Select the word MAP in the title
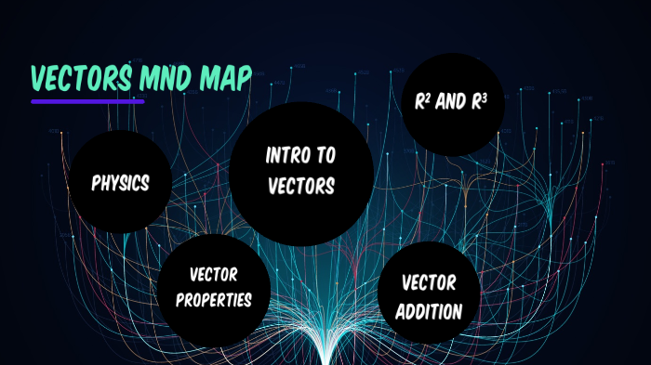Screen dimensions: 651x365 (224, 80)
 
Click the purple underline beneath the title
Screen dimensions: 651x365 (87, 100)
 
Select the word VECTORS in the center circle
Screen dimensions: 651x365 (301, 186)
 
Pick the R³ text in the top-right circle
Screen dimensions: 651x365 (477, 101)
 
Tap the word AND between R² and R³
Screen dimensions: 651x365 (450, 101)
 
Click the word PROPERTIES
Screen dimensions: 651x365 (214, 301)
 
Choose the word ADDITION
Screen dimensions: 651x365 (429, 311)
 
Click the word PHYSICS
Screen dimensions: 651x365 (121, 183)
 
